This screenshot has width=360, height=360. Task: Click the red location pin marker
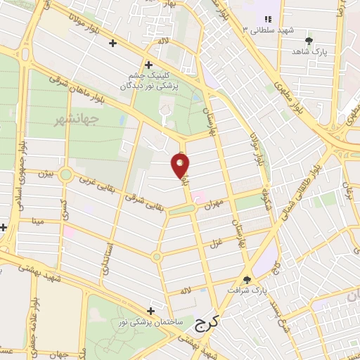(x=181, y=165)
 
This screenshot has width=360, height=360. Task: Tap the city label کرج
(x=206, y=323)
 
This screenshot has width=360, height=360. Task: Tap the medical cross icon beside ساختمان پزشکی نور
(x=150, y=311)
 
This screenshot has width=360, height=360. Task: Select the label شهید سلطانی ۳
(x=270, y=31)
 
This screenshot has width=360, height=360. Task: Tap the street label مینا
(x=37, y=221)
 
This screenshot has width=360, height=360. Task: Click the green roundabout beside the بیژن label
(x=66, y=174)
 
